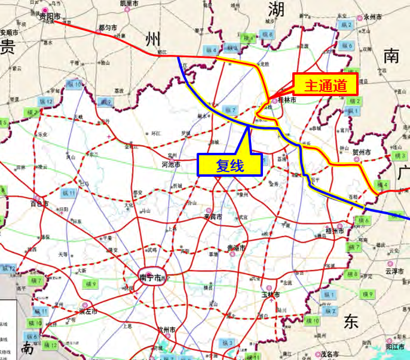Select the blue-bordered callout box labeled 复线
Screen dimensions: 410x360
[x=230, y=164]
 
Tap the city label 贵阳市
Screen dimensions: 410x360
[x=50, y=17]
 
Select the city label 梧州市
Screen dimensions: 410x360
[x=335, y=230]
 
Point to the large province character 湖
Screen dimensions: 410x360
[x=276, y=10]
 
